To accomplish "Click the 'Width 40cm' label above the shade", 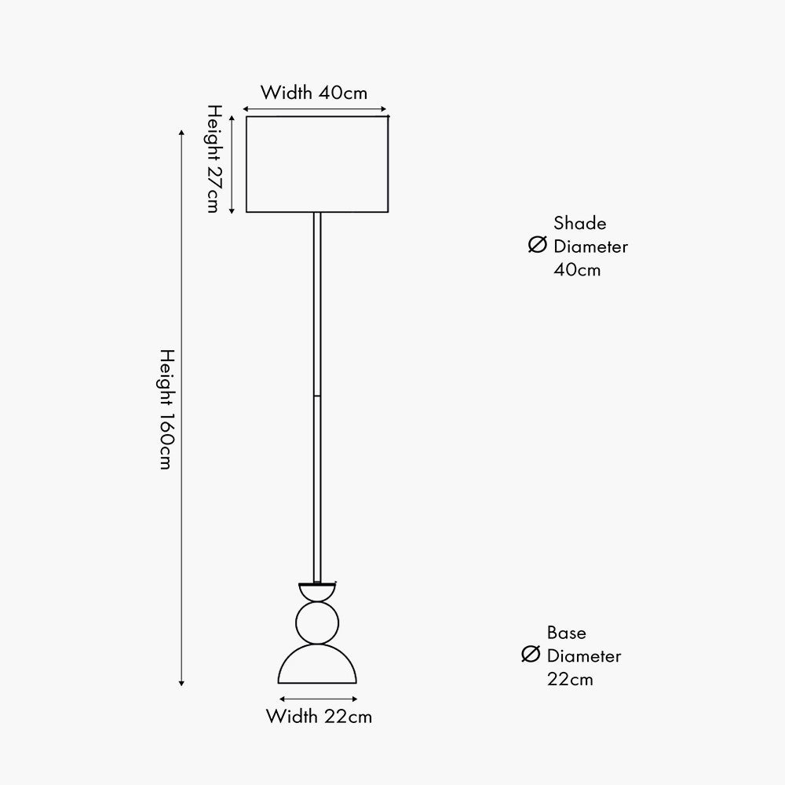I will [314, 92].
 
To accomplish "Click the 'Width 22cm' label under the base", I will [319, 716].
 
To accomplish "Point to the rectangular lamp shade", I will [317, 164].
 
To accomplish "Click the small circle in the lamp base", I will [318, 623].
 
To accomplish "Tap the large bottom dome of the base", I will [318, 667].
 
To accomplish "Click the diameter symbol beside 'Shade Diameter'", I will [538, 246].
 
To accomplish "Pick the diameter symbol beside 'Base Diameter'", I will [531, 655].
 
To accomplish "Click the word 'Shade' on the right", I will [579, 224].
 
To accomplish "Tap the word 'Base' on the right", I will [567, 633].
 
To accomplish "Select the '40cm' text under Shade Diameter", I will [577, 269].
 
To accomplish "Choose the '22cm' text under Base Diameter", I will [571, 678].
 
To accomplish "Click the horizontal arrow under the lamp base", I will [318, 698].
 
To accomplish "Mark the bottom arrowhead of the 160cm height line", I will [181, 682].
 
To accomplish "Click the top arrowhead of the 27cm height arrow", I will [232, 117].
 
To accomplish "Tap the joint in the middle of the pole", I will [317, 396].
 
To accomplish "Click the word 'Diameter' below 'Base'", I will [584, 655].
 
